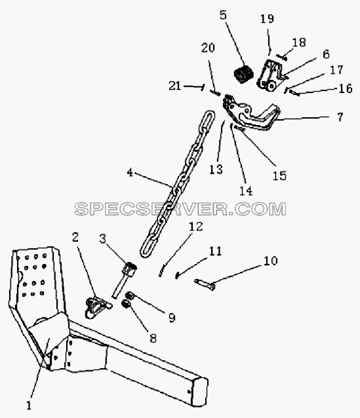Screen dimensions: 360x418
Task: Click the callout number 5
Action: pyautogui.click(x=224, y=16)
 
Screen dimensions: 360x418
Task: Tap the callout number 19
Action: pyautogui.click(x=268, y=18)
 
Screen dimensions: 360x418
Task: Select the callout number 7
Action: pyautogui.click(x=340, y=117)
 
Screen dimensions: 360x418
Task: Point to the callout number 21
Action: pyautogui.click(x=175, y=86)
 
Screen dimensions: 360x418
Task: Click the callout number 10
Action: pyautogui.click(x=271, y=261)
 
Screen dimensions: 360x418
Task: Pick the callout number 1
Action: pyautogui.click(x=29, y=406)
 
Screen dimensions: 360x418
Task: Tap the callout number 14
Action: pyautogui.click(x=246, y=191)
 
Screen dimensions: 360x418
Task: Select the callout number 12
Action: pyautogui.click(x=196, y=227)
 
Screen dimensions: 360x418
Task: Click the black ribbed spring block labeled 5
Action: pyautogui.click(x=243, y=75)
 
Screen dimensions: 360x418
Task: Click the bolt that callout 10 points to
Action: pyautogui.click(x=205, y=284)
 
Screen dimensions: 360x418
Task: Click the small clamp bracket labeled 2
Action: pyautogui.click(x=96, y=307)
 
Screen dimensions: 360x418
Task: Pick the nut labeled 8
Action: pyautogui.click(x=125, y=303)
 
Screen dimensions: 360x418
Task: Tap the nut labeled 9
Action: pyautogui.click(x=130, y=295)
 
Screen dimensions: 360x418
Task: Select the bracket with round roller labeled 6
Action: pyautogui.click(x=270, y=77)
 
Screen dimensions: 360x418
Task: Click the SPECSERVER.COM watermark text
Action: pyautogui.click(x=180, y=209)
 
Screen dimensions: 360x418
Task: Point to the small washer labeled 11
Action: pyautogui.click(x=176, y=276)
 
